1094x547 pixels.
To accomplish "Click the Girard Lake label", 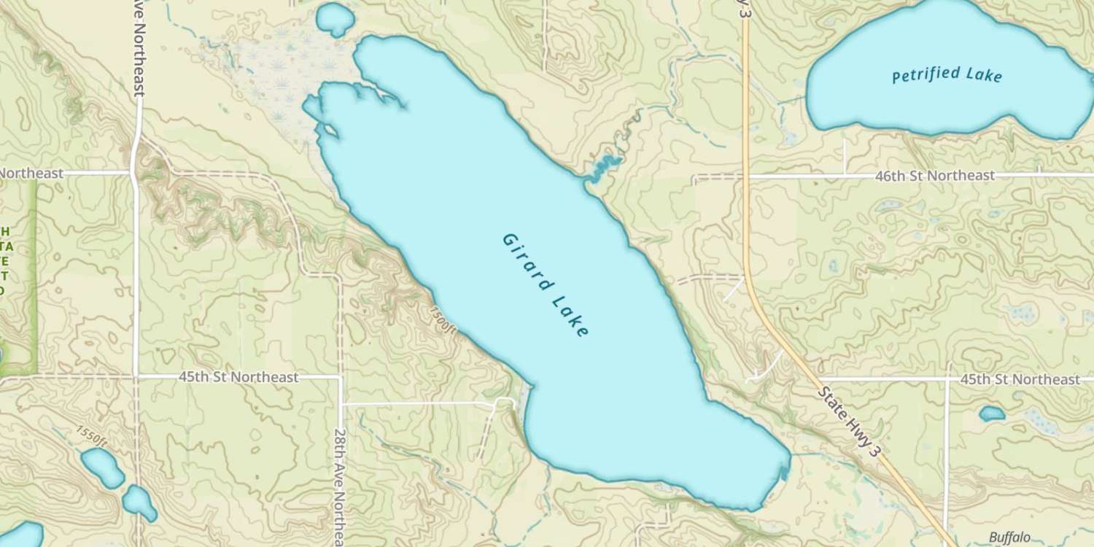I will pos(545,285).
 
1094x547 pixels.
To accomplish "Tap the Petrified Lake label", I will pos(947,75).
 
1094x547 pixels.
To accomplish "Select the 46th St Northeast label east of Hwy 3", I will pos(936,176).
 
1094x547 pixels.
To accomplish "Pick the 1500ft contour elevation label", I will pos(443,322).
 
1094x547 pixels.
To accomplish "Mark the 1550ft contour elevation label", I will pos(91,435).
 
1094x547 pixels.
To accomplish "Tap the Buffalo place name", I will pos(1009,538).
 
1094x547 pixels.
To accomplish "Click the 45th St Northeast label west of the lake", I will pos(238,377).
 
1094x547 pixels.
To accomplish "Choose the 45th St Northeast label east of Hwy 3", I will pos(1020,379).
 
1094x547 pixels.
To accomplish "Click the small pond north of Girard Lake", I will pos(335,18).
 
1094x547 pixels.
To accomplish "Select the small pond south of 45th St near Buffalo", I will pos(992,414).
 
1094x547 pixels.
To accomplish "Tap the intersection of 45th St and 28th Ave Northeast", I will pos(340,377).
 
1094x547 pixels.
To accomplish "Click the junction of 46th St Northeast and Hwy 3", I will pos(745,176).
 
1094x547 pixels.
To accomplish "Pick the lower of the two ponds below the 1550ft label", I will pos(139,503).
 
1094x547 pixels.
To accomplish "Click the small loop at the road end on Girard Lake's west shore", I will pos(504,403).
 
